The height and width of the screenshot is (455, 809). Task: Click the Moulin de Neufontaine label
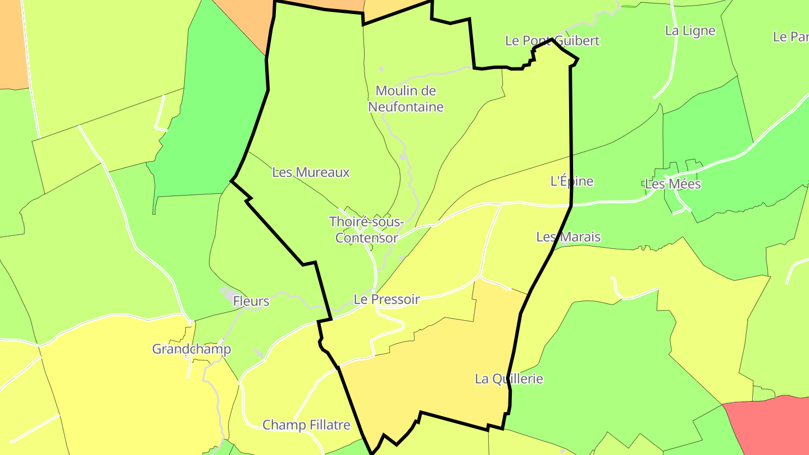coord(406,98)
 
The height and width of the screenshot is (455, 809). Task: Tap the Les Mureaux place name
coord(311,172)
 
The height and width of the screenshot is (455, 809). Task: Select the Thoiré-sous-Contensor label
coord(366,230)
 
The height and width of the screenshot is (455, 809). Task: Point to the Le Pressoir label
coord(387,299)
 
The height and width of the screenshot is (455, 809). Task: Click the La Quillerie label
coord(509,379)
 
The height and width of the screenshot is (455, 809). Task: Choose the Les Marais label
coord(568,237)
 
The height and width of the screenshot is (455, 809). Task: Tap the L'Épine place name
coord(571,181)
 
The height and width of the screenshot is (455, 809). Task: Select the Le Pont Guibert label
coord(552,40)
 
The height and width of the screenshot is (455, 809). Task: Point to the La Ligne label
coord(690,31)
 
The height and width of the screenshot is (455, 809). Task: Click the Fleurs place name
coord(251,301)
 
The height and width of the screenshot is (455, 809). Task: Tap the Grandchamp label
coord(192,349)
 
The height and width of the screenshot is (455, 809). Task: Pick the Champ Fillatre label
coord(306,425)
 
